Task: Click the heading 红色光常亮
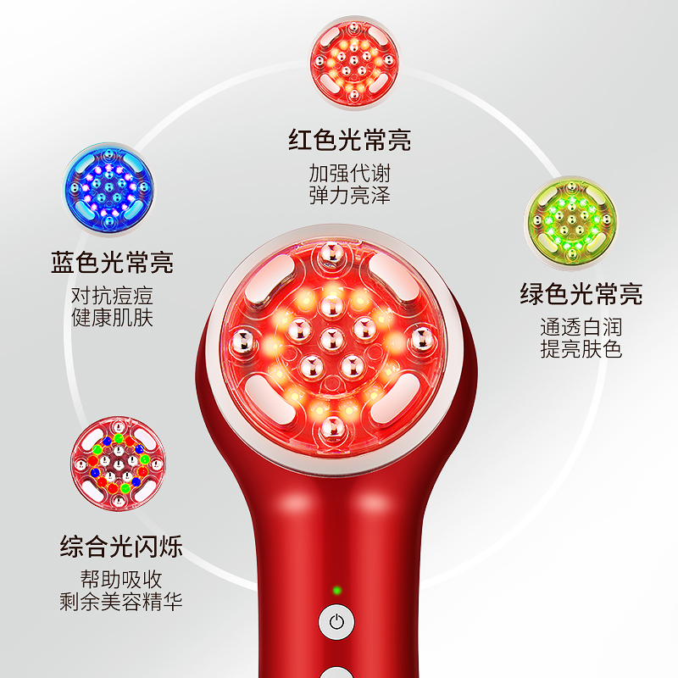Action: [350, 139]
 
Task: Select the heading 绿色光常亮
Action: [581, 294]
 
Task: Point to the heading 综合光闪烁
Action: [122, 544]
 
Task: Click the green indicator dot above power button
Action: [336, 590]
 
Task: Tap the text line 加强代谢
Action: [350, 174]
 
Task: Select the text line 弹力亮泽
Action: [350, 196]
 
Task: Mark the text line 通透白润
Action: [581, 327]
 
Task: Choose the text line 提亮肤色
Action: [581, 349]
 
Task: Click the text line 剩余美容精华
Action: [122, 603]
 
